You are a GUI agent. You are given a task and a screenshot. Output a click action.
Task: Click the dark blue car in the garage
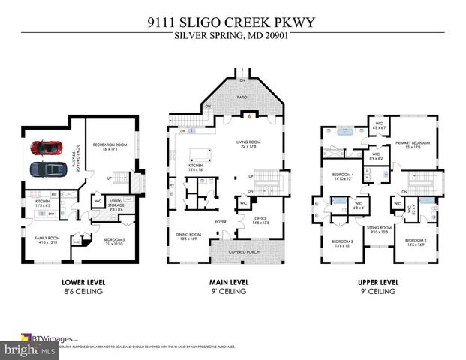47,169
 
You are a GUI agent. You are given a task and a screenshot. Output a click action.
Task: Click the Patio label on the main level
242,97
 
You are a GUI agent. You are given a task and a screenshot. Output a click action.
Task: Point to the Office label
260,218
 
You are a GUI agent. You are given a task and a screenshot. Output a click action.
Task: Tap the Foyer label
221,222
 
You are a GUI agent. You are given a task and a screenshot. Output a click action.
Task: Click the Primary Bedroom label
413,144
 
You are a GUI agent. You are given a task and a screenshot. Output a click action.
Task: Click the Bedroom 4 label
342,178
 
